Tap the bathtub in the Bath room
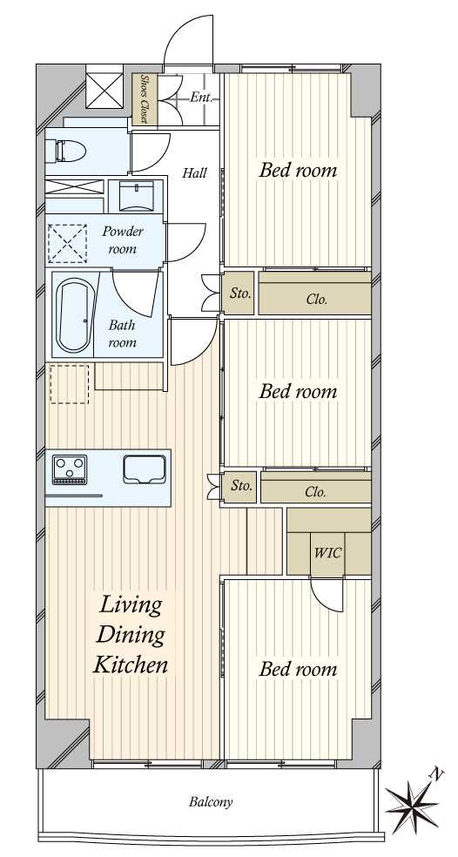74,315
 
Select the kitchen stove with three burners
70,469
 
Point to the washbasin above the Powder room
136,196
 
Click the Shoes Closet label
145,98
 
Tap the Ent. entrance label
201,98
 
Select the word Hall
194,173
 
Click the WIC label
328,552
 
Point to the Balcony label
211,802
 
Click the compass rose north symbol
412,802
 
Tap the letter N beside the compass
435,773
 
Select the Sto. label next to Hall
240,294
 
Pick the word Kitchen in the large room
130,665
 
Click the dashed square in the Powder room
67,243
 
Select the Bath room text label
122,334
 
